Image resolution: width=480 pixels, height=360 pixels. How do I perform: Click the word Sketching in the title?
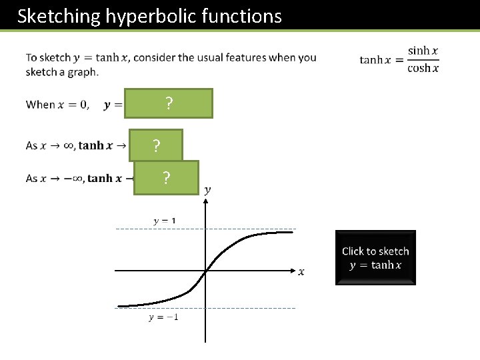[x=58, y=16]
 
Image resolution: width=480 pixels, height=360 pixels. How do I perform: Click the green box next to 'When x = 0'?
[x=169, y=103]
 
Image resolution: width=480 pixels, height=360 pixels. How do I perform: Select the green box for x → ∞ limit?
[x=155, y=145]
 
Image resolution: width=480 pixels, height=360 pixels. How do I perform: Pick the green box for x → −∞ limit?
[x=166, y=177]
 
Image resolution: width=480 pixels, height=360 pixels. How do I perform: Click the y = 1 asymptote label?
[x=165, y=221]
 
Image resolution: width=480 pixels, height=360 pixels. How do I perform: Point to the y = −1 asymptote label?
[x=163, y=317]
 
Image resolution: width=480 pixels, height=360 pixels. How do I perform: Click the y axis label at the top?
[x=207, y=190]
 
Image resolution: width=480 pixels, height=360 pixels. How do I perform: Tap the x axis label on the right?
[x=301, y=271]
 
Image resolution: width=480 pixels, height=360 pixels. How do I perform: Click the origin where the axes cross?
[x=205, y=271]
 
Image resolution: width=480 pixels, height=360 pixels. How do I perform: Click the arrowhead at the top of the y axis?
[x=205, y=202]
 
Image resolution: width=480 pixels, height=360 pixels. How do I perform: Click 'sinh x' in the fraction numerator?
[x=423, y=51]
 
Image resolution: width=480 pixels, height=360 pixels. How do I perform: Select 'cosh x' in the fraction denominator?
[x=423, y=68]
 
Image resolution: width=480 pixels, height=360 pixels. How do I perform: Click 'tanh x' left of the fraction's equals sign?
[x=371, y=60]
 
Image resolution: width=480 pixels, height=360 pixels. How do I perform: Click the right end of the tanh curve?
[x=292, y=232]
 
